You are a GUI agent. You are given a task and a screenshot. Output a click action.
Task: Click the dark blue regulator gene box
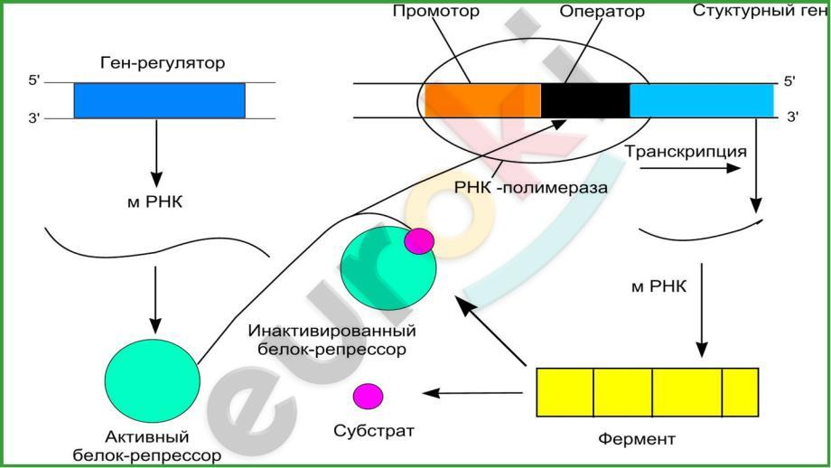[x=158, y=100]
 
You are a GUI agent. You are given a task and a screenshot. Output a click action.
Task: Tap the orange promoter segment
[x=482, y=100]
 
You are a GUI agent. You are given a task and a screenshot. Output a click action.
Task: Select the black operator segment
[x=584, y=100]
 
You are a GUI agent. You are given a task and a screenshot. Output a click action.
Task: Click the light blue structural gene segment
[x=701, y=100]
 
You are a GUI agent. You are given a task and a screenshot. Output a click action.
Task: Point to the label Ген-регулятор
[x=163, y=64]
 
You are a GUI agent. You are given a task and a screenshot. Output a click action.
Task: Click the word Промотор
[x=435, y=12]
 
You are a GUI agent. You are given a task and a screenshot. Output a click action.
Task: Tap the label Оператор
[x=602, y=12]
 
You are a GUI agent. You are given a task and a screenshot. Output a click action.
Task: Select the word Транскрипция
[x=686, y=151]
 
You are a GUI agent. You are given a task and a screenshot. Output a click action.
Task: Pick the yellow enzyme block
[x=647, y=392]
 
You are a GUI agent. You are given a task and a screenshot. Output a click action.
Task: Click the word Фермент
[x=637, y=440]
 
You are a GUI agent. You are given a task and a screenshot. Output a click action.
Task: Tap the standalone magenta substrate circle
[x=368, y=396]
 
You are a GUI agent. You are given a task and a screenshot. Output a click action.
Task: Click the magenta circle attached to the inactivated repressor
[x=418, y=240]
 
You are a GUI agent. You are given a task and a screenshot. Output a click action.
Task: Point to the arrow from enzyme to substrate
[x=474, y=393]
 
